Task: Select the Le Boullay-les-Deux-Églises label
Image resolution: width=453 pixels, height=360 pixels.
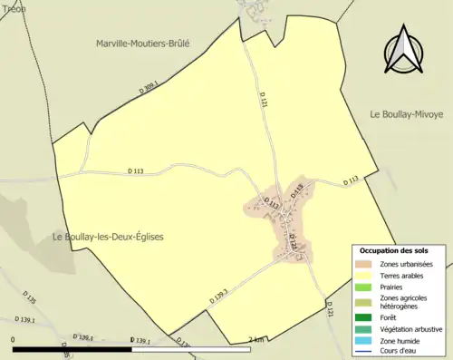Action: pyautogui.click(x=108, y=237)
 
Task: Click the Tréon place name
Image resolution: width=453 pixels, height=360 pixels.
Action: pyautogui.click(x=13, y=8)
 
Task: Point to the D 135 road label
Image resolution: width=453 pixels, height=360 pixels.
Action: pyautogui.click(x=31, y=300)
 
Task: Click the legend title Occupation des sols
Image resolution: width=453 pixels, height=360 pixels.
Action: pyautogui.click(x=394, y=250)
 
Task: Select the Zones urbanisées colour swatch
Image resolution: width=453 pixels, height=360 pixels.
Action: pyautogui.click(x=365, y=263)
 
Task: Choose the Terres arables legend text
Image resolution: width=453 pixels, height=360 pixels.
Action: pyautogui.click(x=401, y=275)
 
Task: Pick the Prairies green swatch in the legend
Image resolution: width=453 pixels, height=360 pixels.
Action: pyautogui.click(x=365, y=287)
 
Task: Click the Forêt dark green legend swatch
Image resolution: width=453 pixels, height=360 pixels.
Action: pyautogui.click(x=365, y=316)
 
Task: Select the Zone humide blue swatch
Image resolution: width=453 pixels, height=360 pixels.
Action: pyautogui.click(x=365, y=340)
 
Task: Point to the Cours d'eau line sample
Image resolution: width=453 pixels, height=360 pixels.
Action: pyautogui.click(x=365, y=352)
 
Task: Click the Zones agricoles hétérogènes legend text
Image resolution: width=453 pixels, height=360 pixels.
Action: pyautogui.click(x=404, y=302)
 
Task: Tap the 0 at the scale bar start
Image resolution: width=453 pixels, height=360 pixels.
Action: pyautogui.click(x=14, y=340)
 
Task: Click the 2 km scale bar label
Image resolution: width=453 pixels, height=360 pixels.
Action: pyautogui.click(x=255, y=340)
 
